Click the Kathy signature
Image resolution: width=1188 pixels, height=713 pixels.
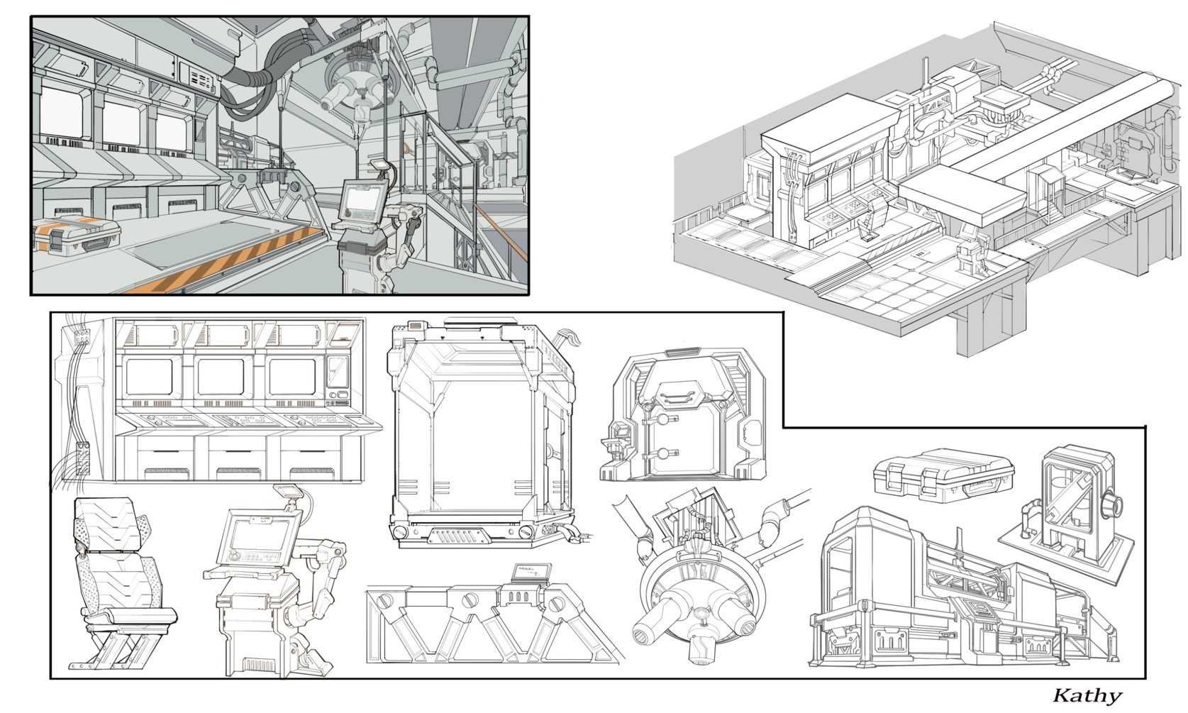click(1086, 695)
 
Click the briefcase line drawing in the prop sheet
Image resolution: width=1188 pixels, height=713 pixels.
click(943, 473)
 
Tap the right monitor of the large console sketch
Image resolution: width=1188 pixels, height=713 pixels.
click(292, 377)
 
